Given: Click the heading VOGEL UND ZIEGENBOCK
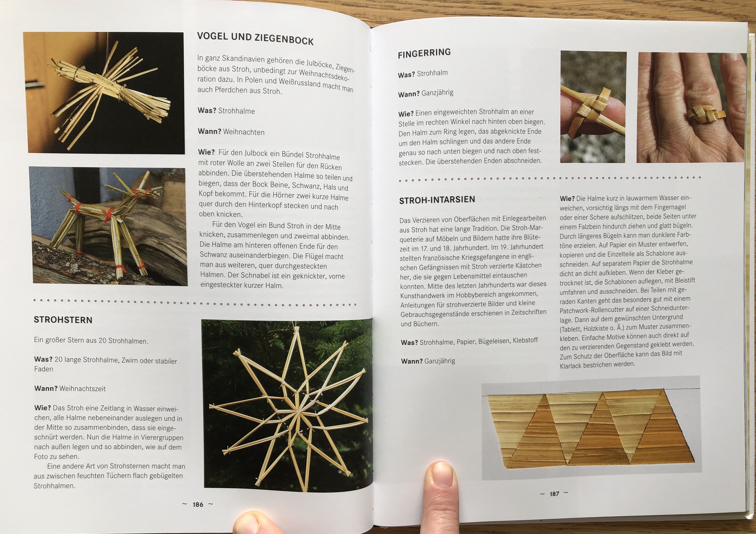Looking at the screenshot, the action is click(x=255, y=38).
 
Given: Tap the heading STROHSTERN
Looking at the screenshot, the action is click(x=63, y=320).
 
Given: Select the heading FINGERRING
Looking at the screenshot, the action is click(x=424, y=53).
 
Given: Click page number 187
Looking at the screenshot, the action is click(x=555, y=494).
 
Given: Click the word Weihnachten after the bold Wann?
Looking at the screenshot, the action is click(x=244, y=132).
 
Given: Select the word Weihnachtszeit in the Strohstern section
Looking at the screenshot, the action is click(x=83, y=389).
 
